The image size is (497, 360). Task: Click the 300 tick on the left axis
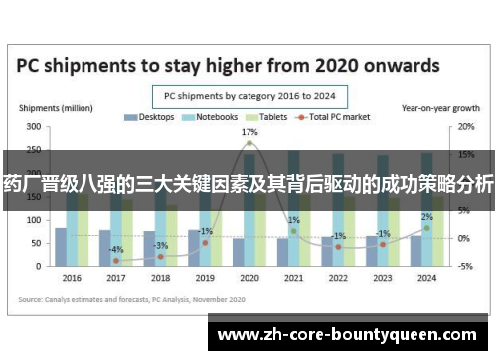34,127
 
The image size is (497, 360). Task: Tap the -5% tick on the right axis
465,266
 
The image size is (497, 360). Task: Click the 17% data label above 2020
248,132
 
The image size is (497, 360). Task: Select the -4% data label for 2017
116,249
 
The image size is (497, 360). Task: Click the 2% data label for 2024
426,217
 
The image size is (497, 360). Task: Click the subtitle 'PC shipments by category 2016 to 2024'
248,96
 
